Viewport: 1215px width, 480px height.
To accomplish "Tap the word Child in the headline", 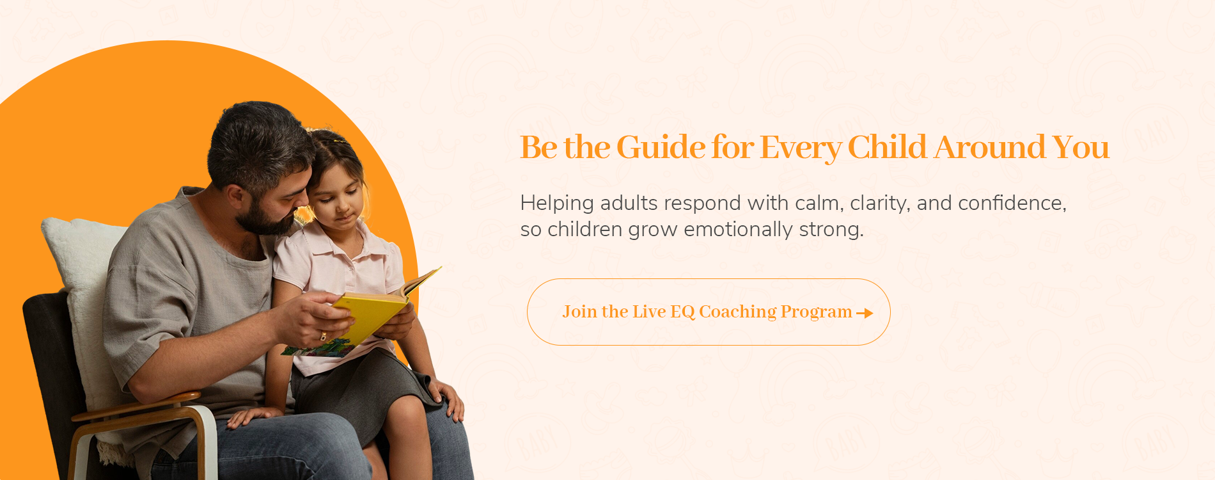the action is point(887,147).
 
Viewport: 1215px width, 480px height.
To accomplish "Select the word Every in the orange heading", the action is point(800,148).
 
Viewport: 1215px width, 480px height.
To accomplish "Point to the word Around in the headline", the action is point(990,147).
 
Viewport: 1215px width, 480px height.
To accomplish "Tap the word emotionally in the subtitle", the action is point(739,230).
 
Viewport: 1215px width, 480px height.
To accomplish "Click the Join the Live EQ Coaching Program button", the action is point(709,312).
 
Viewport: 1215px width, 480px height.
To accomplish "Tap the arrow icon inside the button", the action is point(865,313).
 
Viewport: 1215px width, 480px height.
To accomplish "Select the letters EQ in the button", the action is point(682,312).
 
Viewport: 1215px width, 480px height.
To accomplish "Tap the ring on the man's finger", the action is point(323,337).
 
